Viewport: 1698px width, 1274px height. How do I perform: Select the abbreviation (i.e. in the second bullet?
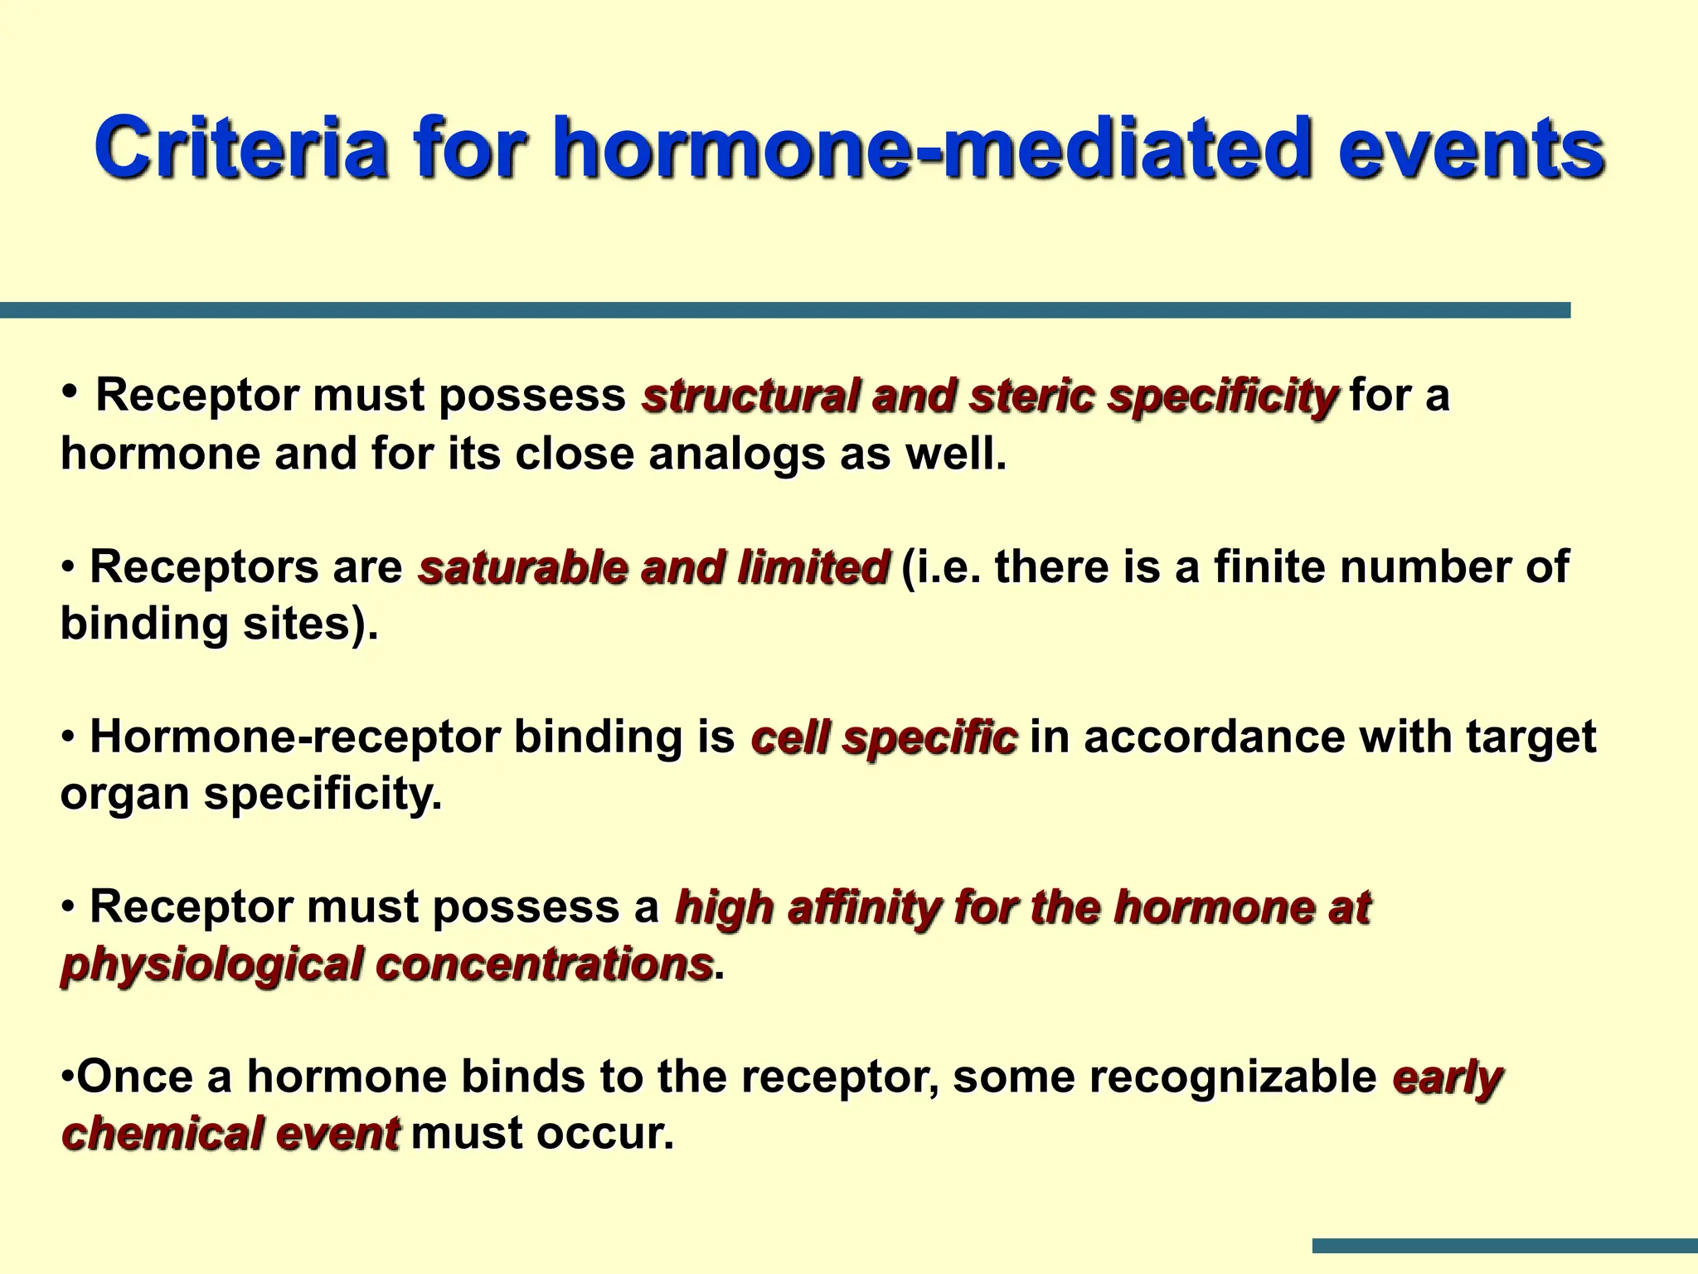(x=941, y=567)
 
